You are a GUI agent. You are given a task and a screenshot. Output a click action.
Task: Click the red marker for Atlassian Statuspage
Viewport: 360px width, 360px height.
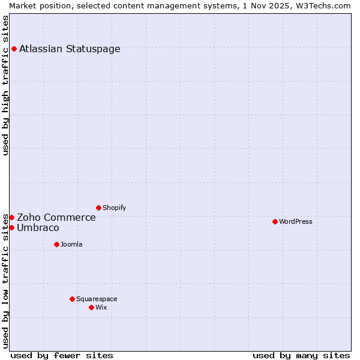pos(14,49)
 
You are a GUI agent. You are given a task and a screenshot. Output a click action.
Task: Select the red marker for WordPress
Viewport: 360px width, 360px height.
pos(275,221)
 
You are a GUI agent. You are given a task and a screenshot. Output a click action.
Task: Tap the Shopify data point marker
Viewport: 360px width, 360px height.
pos(98,208)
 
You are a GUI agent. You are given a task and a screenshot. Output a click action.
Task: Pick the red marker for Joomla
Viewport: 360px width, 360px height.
pos(56,244)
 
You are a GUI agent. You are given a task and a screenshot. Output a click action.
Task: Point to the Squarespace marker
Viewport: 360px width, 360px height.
pos(72,299)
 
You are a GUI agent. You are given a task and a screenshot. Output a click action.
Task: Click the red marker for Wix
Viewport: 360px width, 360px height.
pos(91,307)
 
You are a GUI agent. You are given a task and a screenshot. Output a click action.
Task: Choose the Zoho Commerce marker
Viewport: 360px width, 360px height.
pos(11,217)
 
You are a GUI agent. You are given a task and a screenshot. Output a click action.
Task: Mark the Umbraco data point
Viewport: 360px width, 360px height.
pos(11,227)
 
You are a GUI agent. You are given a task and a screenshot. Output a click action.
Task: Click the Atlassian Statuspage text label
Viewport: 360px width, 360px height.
pos(70,49)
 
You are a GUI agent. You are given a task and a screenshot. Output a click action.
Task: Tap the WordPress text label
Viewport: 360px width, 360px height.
pos(296,222)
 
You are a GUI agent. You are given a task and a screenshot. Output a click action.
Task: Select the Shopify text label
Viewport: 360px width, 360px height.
pos(114,208)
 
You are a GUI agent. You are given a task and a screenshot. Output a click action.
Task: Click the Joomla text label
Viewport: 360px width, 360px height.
pos(71,245)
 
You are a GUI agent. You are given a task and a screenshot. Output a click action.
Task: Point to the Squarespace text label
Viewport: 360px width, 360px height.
pos(97,299)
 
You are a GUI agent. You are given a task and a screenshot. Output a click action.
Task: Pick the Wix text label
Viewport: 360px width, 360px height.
pos(101,308)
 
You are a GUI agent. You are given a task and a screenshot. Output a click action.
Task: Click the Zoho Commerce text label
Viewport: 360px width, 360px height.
pos(56,218)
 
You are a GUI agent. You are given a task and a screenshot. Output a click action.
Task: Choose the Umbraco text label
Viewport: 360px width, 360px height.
pos(38,228)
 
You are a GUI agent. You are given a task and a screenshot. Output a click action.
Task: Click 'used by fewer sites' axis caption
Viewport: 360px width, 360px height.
pos(62,356)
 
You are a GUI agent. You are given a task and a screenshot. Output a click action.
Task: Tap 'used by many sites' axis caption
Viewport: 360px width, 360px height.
pos(301,356)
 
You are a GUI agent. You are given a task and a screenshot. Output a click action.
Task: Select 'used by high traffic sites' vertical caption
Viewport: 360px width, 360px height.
pos(6,85)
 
